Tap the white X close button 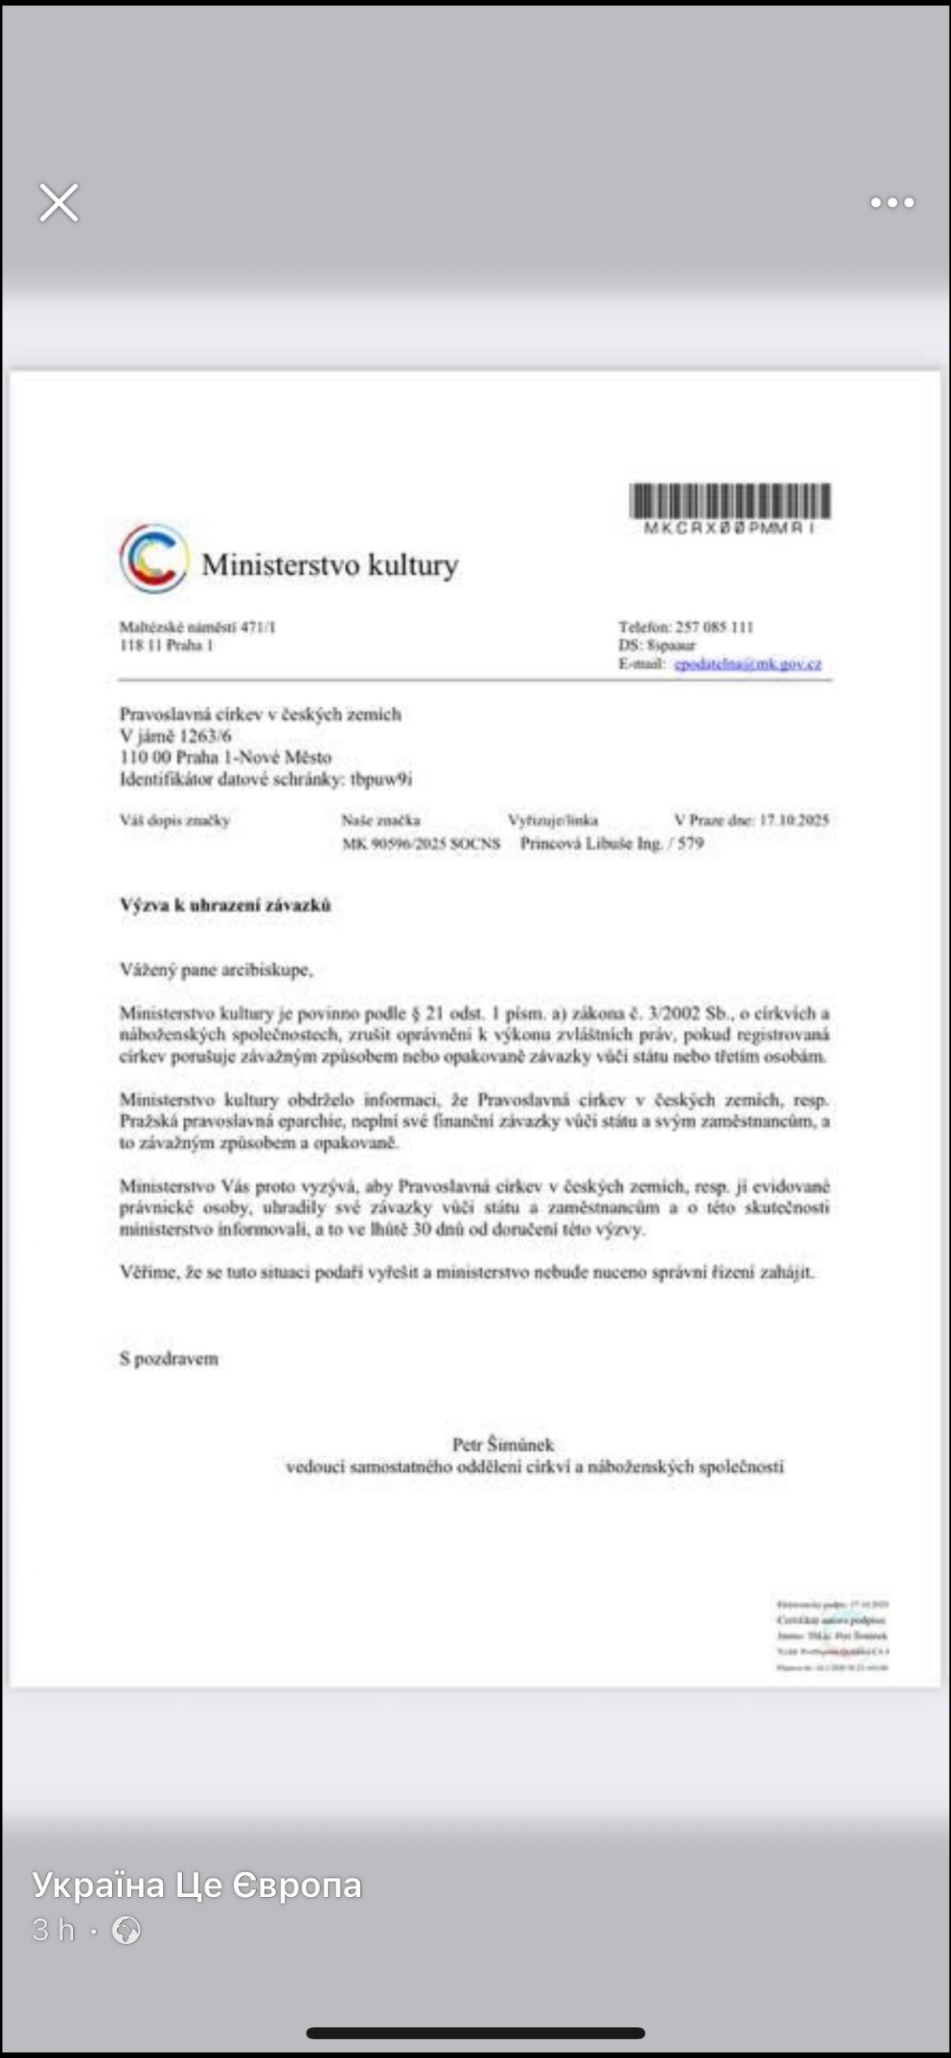59,202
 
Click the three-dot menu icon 892,202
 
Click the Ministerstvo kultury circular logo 154,558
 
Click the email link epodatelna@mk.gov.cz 748,664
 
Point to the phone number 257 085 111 714,627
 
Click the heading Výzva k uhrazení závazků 225,905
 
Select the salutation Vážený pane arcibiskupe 216,970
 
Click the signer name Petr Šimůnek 503,1444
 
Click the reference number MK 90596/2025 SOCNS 421,844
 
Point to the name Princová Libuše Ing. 592,844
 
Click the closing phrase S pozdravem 169,1359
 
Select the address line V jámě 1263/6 176,736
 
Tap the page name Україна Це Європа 197,1885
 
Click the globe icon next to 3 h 126,1930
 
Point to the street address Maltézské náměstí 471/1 198,627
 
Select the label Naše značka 380,820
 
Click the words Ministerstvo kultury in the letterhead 330,564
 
